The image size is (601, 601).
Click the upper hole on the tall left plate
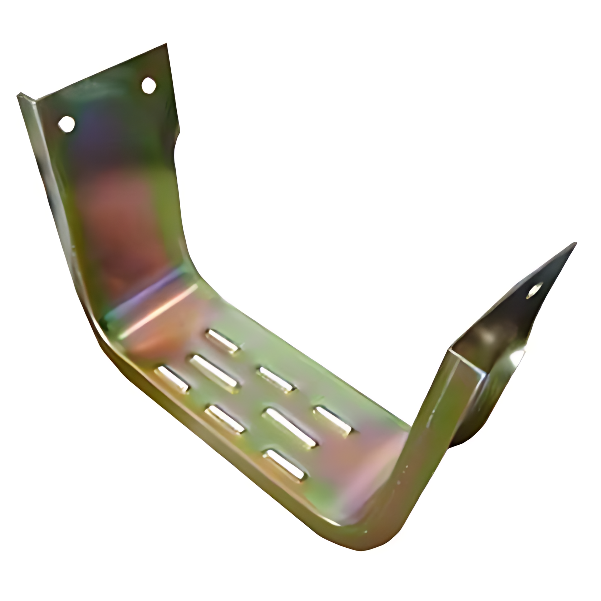[148, 85]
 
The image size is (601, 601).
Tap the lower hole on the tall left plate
[67, 124]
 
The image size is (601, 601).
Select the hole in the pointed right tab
[534, 291]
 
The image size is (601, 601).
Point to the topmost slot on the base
[223, 341]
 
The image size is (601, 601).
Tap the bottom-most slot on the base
[284, 464]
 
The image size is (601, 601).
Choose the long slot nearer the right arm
[290, 428]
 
